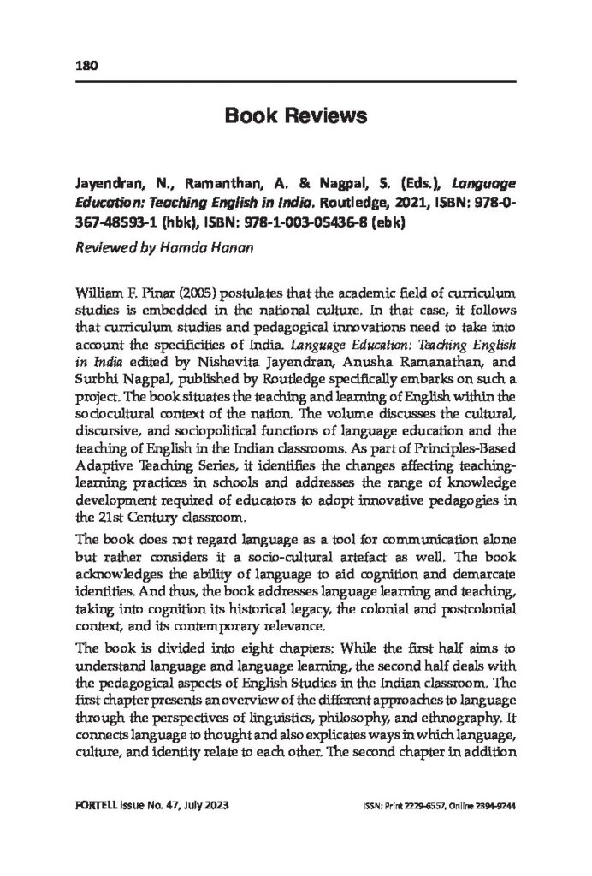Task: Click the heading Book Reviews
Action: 296,115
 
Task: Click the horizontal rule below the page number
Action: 296,81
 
